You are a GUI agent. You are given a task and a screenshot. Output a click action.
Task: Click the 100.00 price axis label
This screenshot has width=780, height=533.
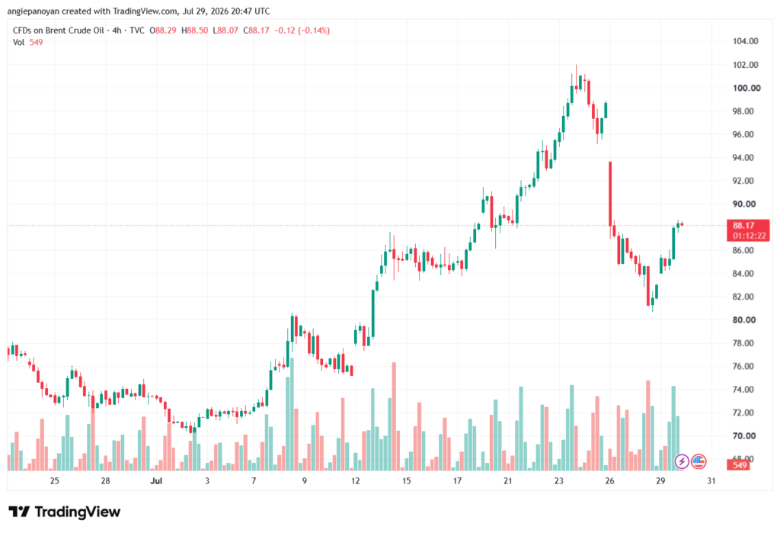tap(746, 88)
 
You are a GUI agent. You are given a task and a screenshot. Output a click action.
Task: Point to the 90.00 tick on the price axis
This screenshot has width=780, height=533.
tap(743, 204)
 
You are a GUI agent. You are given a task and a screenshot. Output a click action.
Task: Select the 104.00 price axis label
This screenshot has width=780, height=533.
tap(745, 41)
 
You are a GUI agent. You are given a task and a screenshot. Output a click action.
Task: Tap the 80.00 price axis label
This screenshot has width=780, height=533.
tap(743, 319)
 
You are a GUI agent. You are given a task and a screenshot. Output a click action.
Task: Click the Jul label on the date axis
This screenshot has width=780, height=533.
tap(156, 480)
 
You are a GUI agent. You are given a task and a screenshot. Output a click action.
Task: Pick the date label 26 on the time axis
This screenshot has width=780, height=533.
tap(610, 480)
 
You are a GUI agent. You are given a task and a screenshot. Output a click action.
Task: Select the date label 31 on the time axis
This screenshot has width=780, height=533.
tap(711, 480)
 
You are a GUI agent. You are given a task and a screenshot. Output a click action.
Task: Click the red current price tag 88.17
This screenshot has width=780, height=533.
tap(749, 230)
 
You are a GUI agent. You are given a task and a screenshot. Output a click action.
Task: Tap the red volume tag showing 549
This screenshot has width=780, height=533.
tap(740, 465)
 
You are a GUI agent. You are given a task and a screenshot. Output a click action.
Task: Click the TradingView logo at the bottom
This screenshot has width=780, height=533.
tap(65, 512)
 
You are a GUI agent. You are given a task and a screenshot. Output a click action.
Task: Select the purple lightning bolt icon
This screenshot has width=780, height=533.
tap(682, 462)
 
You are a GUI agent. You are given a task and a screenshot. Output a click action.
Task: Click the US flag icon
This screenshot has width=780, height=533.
tap(698, 462)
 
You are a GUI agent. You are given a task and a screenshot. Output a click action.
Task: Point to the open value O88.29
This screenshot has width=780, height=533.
tap(163, 31)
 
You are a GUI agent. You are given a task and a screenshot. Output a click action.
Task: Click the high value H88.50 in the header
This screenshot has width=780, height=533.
tap(195, 31)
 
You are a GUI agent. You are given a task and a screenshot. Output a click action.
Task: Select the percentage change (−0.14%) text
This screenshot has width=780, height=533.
tap(314, 31)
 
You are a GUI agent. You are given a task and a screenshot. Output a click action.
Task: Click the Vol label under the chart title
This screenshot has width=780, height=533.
tap(18, 43)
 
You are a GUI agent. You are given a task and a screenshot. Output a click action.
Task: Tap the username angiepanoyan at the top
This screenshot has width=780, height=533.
tap(34, 11)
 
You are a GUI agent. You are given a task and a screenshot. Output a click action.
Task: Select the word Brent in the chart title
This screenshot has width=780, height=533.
tap(56, 31)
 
